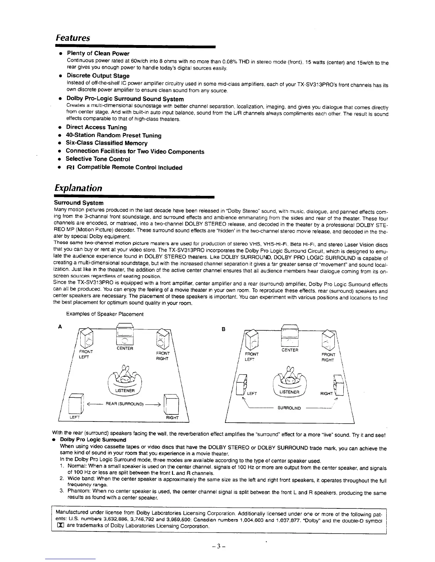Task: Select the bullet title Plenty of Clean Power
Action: click(x=98, y=54)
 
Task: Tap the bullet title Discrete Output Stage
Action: click(x=98, y=76)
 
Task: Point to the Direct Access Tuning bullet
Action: click(x=96, y=127)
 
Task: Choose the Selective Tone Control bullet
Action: click(x=98, y=159)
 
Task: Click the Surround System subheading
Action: click(x=79, y=203)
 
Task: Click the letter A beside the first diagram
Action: click(x=60, y=327)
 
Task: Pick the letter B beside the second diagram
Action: click(x=223, y=329)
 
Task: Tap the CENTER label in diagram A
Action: click(x=125, y=348)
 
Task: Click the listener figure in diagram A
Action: click(x=125, y=376)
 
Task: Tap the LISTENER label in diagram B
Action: click(x=290, y=392)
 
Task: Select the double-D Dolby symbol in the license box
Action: click(x=58, y=526)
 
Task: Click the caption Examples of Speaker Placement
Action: click(x=105, y=314)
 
